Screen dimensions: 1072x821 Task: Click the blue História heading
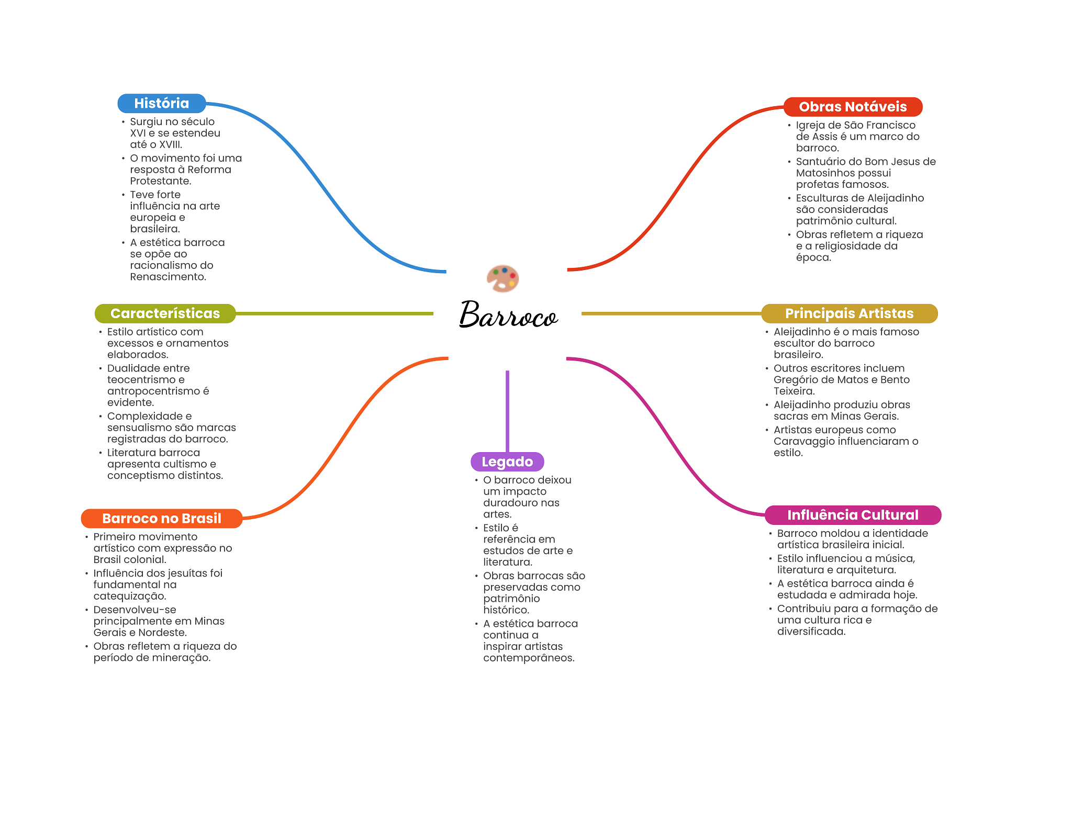point(162,104)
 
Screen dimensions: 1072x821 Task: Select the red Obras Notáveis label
point(853,107)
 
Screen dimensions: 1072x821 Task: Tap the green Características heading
point(165,313)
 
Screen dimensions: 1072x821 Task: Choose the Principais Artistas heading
point(849,313)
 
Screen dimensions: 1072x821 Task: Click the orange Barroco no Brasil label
point(162,519)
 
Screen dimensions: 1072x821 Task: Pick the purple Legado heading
point(507,462)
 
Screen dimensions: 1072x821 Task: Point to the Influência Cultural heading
point(853,515)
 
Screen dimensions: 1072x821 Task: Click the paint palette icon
point(502,278)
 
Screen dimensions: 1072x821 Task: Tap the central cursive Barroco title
point(508,314)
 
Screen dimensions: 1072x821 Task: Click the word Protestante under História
point(160,181)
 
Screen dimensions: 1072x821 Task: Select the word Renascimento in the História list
point(167,277)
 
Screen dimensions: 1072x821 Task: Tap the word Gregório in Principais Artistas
point(795,380)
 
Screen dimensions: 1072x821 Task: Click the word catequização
point(129,597)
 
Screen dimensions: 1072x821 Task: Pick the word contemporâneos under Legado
point(528,658)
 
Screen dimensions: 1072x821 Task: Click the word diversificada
point(811,632)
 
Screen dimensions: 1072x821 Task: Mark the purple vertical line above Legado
point(507,411)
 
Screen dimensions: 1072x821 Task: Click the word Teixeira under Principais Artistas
point(794,391)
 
